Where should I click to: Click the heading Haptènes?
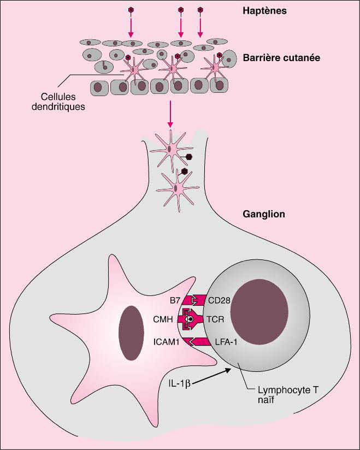click(265, 11)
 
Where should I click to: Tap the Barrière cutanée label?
click(282, 58)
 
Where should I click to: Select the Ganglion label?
click(264, 214)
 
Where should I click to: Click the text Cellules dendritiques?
click(58, 102)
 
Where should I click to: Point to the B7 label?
click(175, 300)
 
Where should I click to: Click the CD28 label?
click(219, 300)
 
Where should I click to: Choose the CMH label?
click(163, 319)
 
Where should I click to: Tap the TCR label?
click(215, 319)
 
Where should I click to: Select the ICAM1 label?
click(167, 342)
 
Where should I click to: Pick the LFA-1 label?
click(226, 342)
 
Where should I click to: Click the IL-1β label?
click(180, 383)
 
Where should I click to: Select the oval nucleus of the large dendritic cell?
click(131, 333)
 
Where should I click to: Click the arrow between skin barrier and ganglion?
click(170, 114)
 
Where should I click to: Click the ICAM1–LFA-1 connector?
click(196, 341)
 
